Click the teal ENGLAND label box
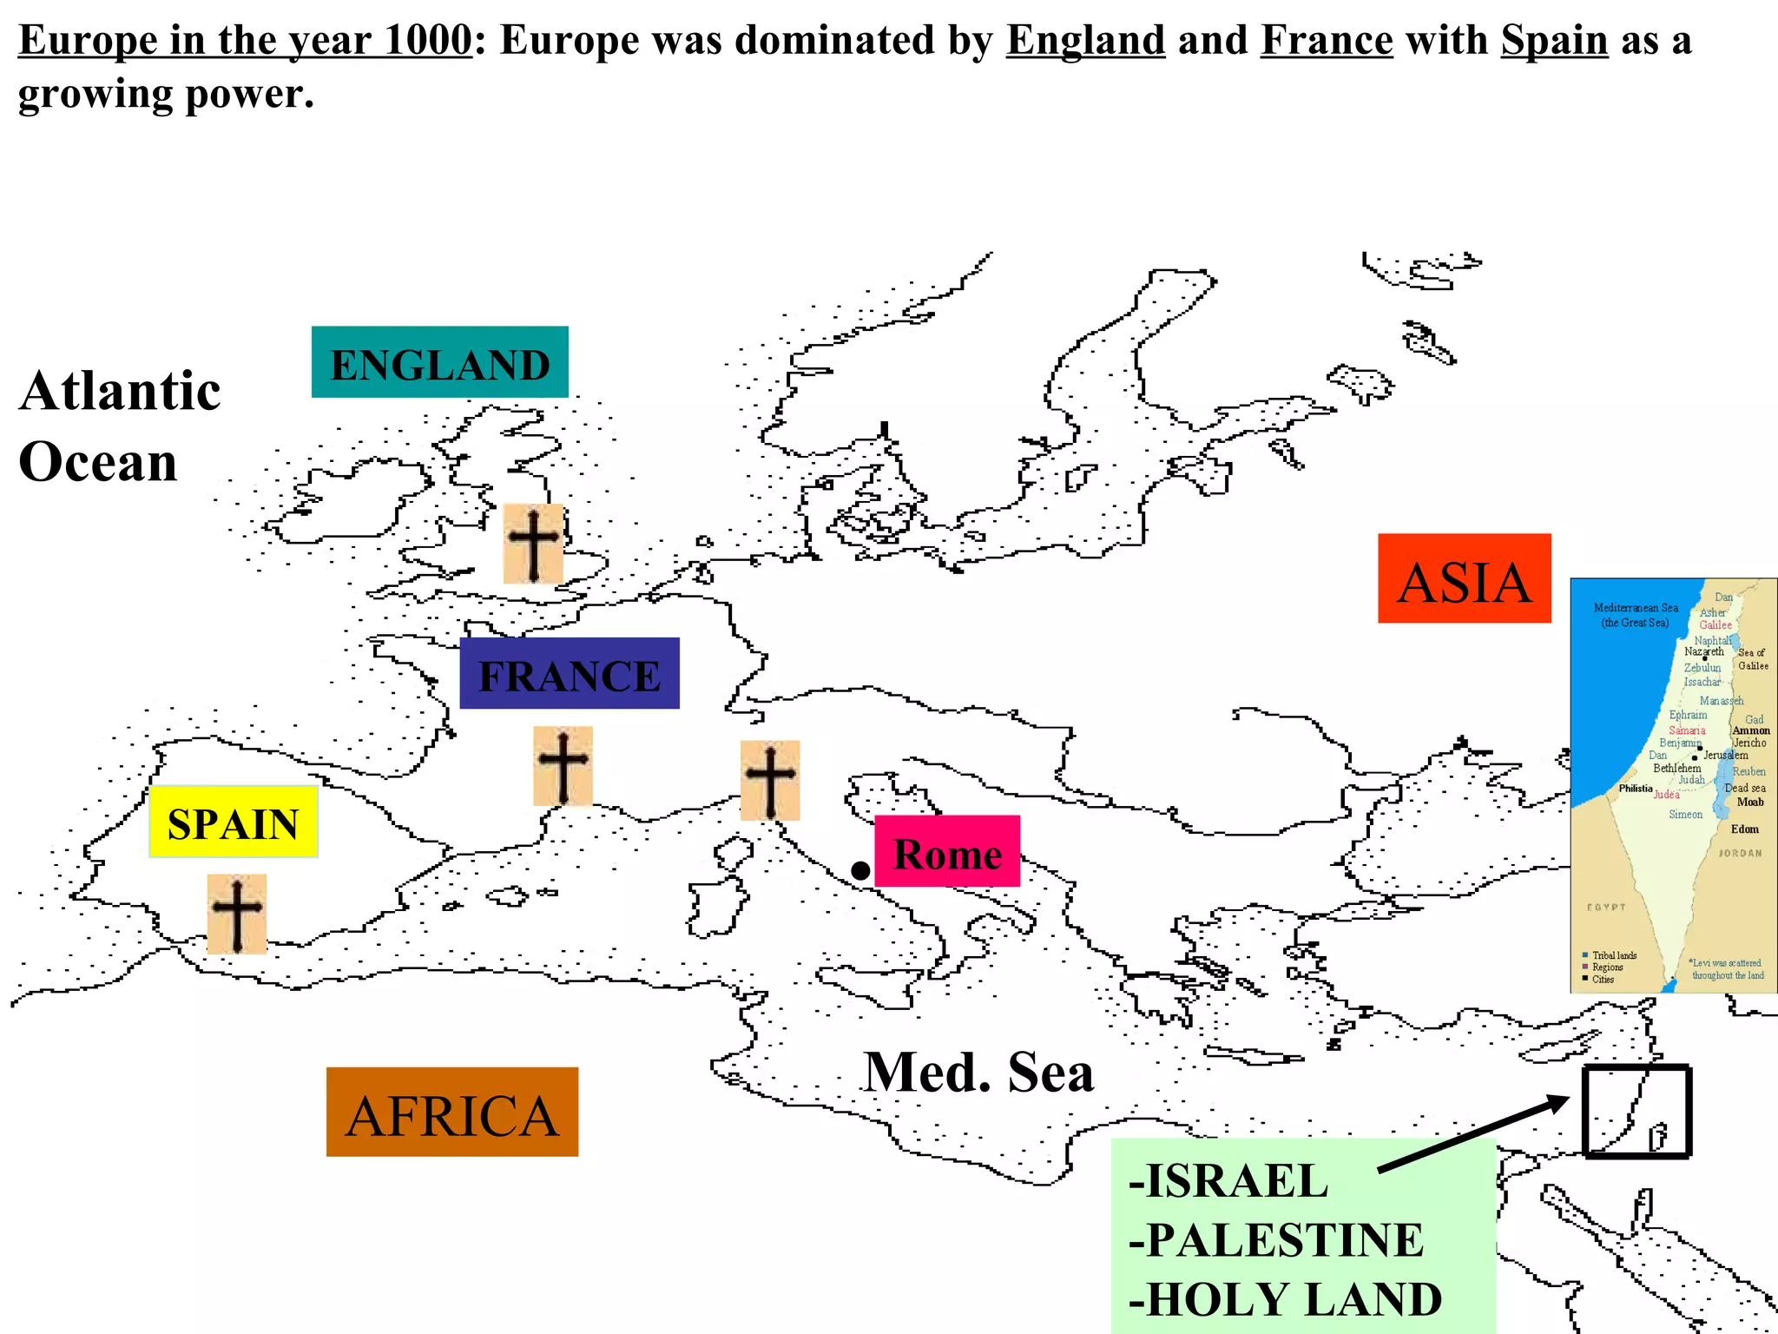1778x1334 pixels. [x=439, y=362]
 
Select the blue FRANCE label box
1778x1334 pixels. [x=569, y=674]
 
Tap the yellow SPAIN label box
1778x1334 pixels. [x=233, y=822]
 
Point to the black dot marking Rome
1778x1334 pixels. [x=859, y=870]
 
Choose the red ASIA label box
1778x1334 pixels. [x=1464, y=578]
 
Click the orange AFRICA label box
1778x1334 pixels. [x=451, y=1112]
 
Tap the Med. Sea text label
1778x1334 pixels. [x=978, y=1072]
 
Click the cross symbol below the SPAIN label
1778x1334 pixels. [x=236, y=914]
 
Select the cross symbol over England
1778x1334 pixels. [x=533, y=544]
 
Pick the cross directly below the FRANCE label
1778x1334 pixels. [x=563, y=766]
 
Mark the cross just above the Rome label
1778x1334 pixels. [x=769, y=780]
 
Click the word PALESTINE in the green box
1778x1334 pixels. [x=1285, y=1239]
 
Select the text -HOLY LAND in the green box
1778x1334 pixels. [x=1285, y=1299]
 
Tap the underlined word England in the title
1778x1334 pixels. [x=1085, y=40]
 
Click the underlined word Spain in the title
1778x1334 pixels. [x=1554, y=40]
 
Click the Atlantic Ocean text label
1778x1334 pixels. [x=120, y=426]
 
